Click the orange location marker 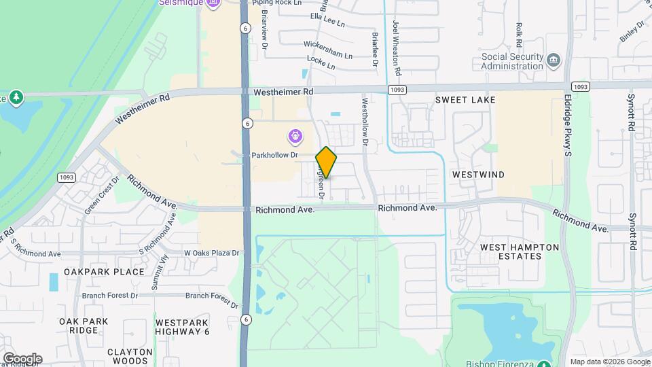point(326,162)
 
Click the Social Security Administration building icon point(554,60)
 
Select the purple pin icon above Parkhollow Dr point(295,137)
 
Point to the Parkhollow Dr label point(275,155)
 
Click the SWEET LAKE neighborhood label point(465,100)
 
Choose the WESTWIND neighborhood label point(478,175)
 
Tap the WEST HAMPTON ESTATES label point(520,251)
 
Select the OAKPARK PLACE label point(104,272)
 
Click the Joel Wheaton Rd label point(397,48)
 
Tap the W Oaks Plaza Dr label point(212,254)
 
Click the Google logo point(22,358)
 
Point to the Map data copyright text point(609,362)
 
